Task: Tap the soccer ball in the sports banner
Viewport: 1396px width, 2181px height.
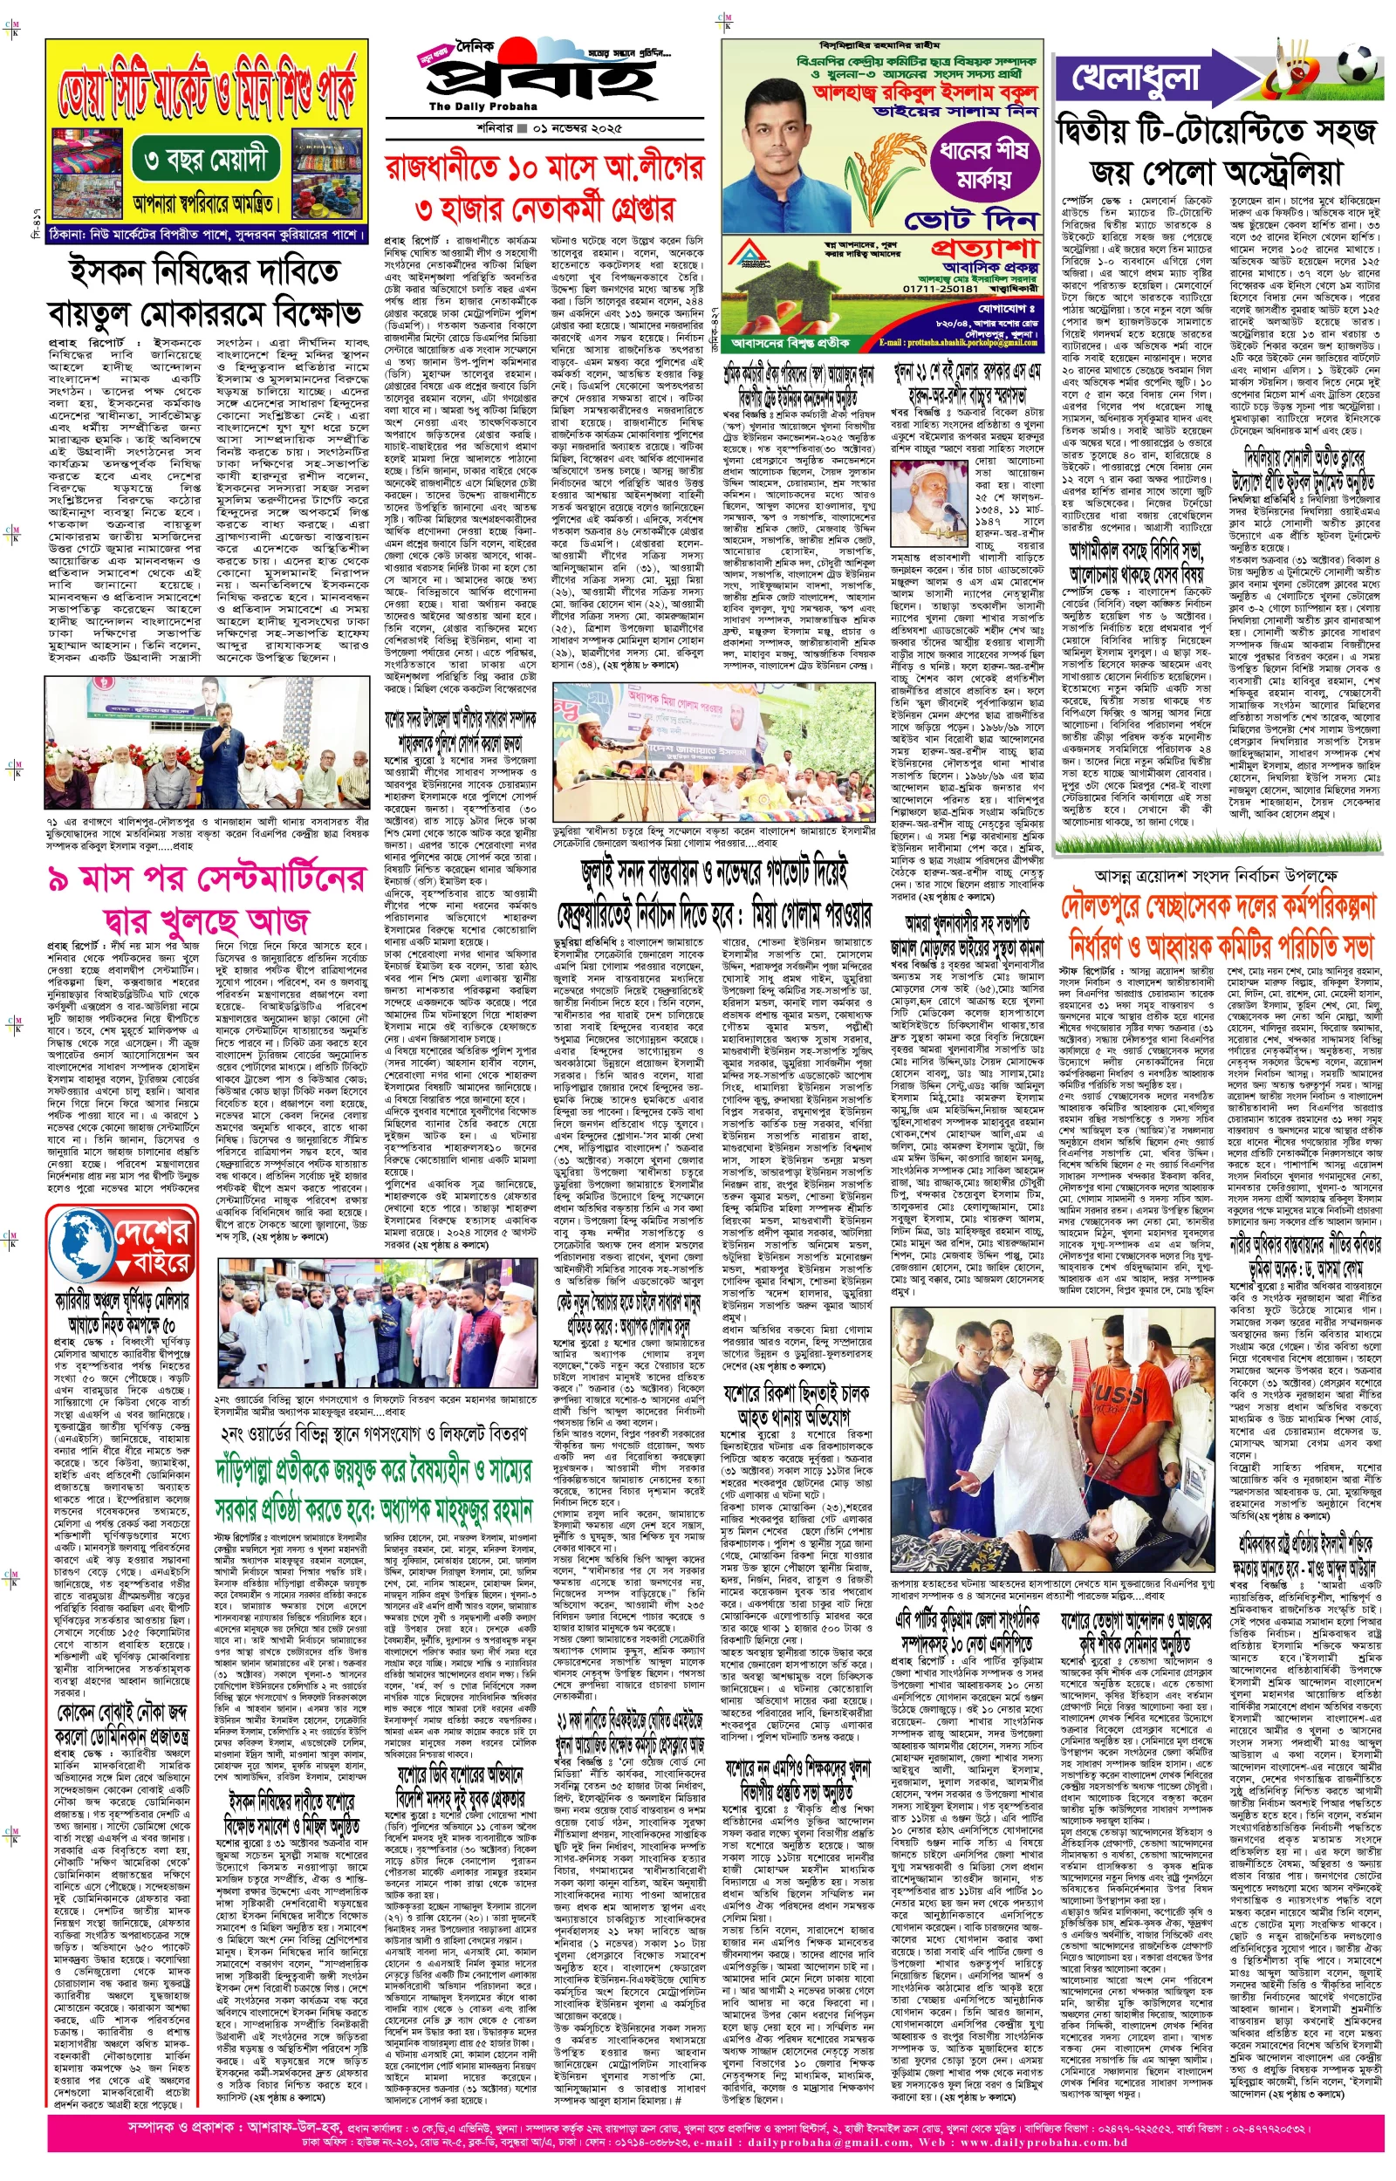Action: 1357,67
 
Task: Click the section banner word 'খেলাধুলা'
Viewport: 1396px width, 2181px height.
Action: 1136,79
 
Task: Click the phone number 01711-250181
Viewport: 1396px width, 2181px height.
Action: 940,288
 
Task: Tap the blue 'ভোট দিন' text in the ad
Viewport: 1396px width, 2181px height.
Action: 971,219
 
